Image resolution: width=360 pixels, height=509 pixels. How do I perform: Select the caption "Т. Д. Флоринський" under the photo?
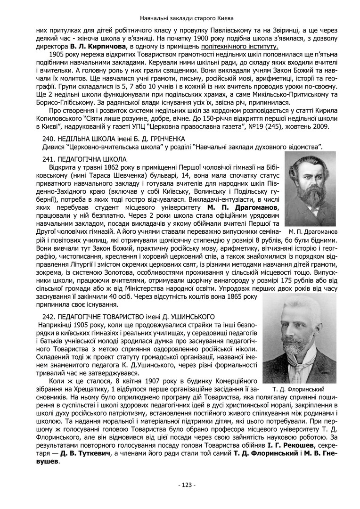click(299, 389)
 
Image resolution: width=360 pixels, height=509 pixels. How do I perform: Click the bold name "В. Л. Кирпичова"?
click(98, 47)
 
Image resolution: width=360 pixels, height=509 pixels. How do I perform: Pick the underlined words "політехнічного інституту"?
click(240, 47)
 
